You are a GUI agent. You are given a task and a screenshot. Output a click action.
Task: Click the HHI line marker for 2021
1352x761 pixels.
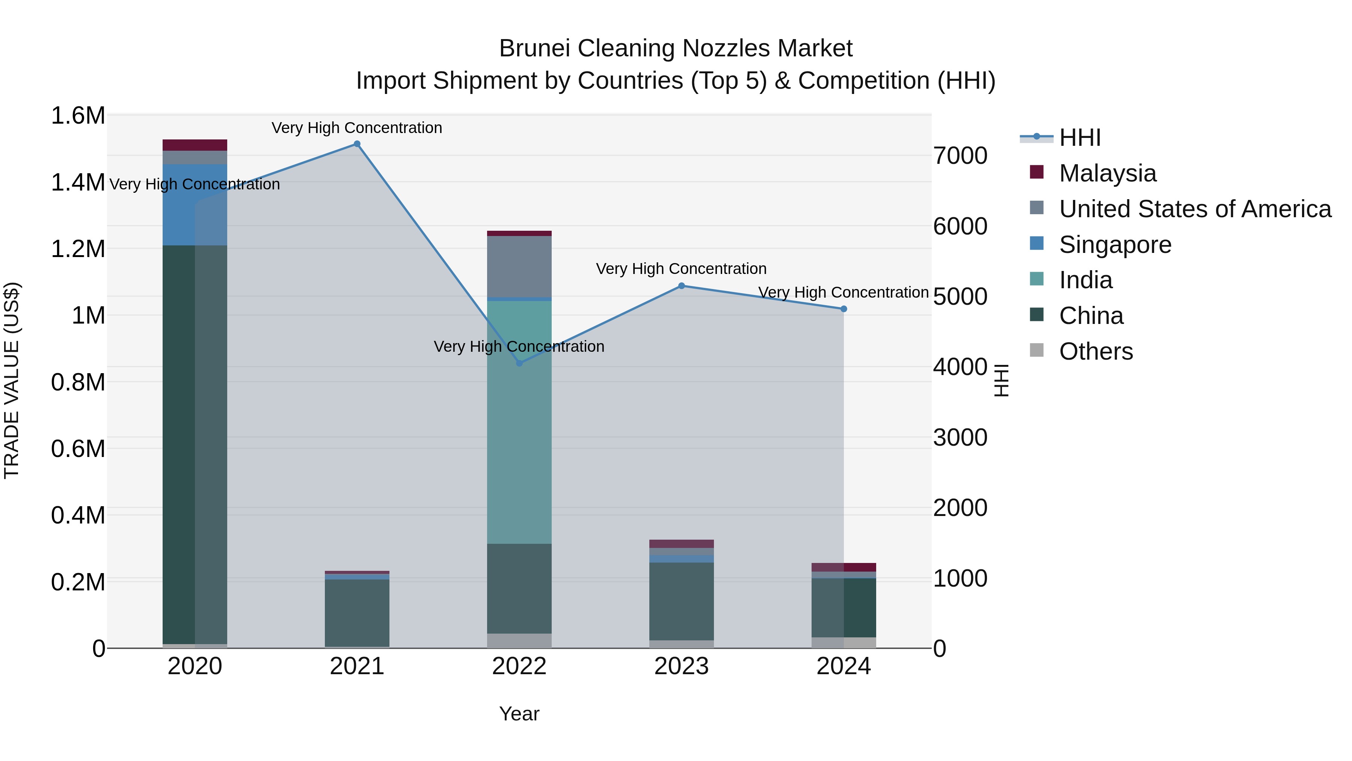tap(357, 144)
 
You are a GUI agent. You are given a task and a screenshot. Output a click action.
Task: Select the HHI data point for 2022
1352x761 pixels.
tap(519, 363)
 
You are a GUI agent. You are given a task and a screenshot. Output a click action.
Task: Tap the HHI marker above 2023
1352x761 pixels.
tap(681, 286)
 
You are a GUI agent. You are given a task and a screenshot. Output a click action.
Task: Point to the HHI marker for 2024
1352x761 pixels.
tap(843, 309)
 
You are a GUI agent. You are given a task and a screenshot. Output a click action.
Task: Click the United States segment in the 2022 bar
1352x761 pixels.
tap(519, 267)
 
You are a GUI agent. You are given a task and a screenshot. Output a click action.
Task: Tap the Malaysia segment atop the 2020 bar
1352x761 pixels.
tap(195, 145)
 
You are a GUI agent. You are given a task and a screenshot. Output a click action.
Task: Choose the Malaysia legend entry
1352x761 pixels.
tap(1108, 173)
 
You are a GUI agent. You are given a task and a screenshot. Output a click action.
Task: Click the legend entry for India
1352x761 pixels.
tap(1085, 280)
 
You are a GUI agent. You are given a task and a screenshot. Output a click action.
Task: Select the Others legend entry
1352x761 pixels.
tap(1096, 351)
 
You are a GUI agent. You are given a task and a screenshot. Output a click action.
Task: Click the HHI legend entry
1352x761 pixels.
tap(1080, 138)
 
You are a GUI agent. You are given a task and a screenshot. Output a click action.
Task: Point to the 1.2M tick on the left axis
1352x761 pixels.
tap(78, 249)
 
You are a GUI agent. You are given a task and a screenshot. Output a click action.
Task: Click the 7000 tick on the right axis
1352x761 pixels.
tap(960, 156)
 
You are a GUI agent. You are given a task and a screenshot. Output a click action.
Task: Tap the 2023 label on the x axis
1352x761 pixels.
tap(681, 666)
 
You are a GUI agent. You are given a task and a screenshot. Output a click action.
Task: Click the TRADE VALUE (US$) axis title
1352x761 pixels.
tap(12, 380)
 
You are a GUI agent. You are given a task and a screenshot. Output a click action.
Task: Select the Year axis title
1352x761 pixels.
tap(519, 714)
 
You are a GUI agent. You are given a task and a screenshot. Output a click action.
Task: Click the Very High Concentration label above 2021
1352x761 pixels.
tap(357, 128)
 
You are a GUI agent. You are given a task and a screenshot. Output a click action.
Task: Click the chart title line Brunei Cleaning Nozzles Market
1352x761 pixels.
tap(676, 48)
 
